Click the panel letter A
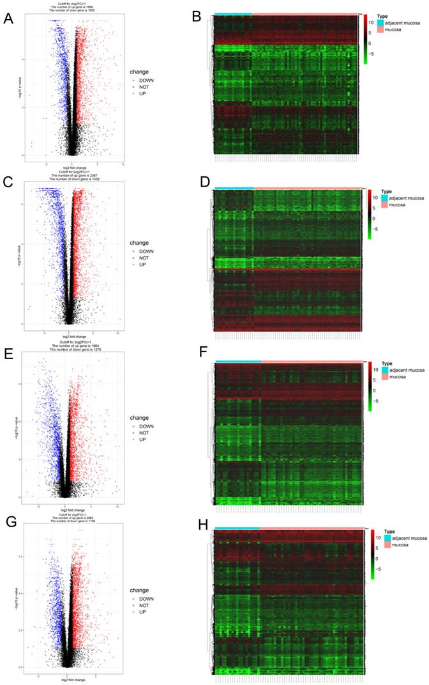[8, 18]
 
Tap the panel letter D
[205, 182]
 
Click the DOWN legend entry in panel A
[147, 81]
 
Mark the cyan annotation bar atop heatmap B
[232, 13]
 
